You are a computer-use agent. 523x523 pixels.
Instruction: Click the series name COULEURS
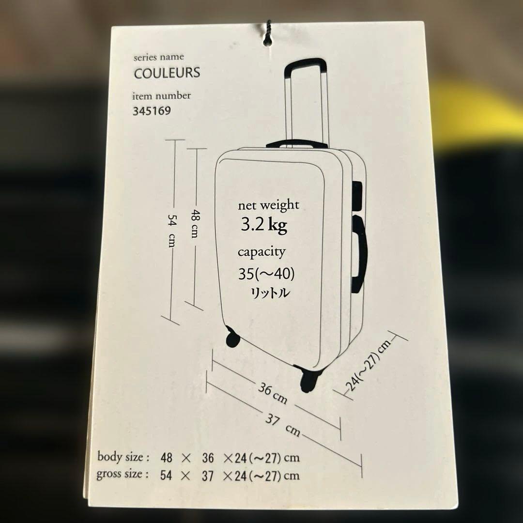pos(167,73)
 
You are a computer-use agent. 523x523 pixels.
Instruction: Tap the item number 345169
pos(152,111)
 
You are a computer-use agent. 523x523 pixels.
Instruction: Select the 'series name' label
pos(159,57)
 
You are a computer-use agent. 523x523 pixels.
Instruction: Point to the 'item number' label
pos(162,95)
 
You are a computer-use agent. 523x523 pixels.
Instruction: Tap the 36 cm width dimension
pos(272,393)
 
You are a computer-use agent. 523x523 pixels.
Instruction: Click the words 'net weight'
pos(268,205)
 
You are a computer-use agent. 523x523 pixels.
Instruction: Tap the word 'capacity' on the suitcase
pos(261,252)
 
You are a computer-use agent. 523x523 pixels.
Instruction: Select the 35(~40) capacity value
pos(266,274)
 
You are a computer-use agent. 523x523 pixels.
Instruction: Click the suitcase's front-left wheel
pos(232,336)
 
